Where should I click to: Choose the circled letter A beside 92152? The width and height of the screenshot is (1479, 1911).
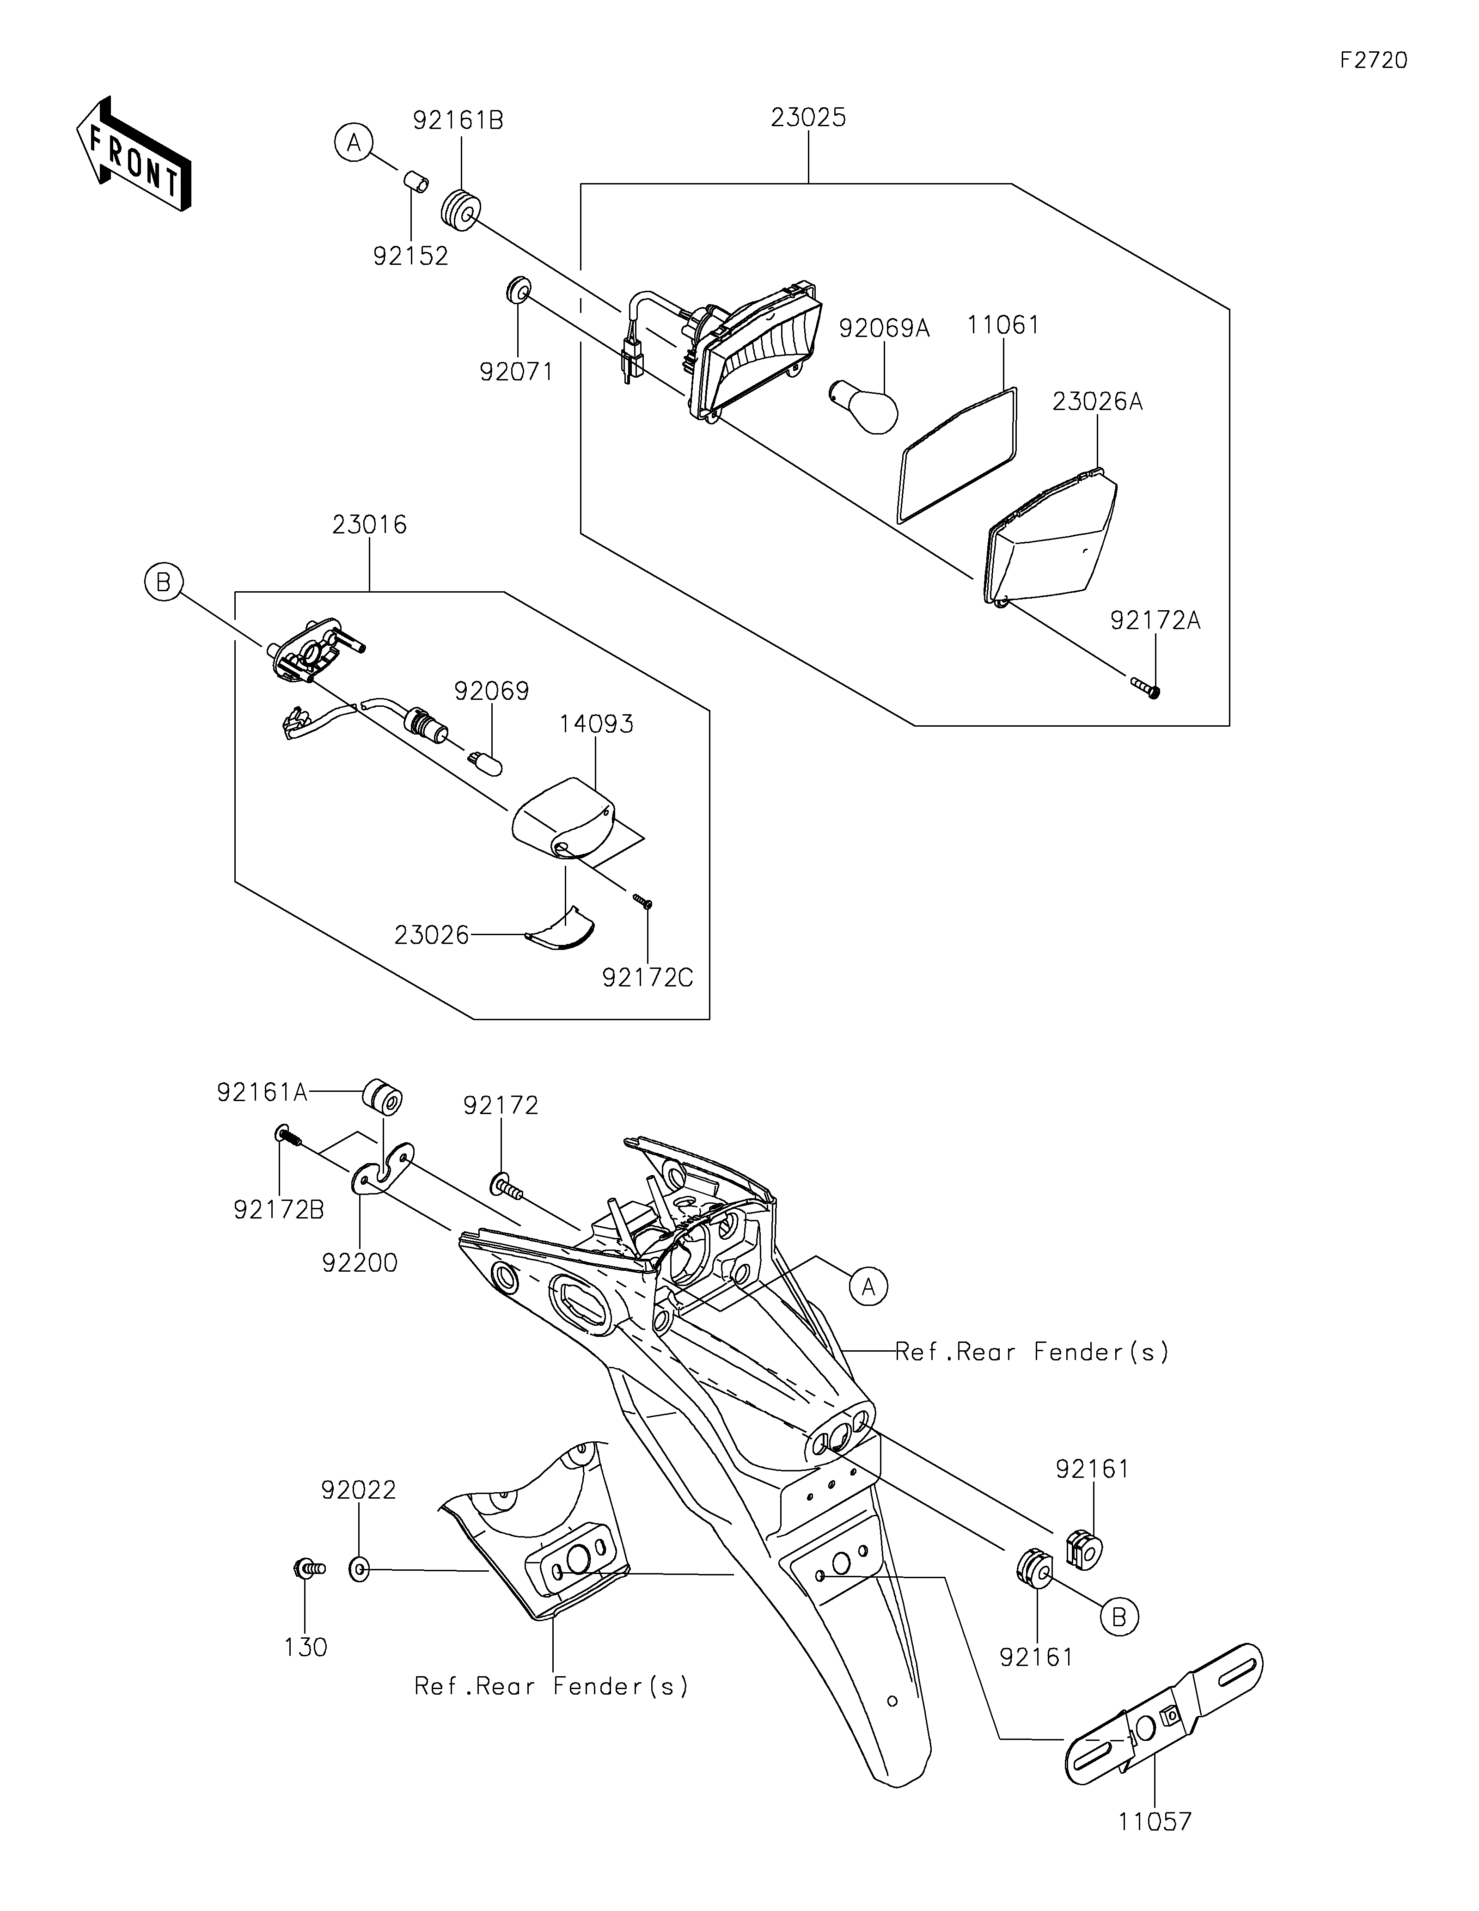pos(354,143)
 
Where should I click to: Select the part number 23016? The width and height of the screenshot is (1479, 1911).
pos(369,525)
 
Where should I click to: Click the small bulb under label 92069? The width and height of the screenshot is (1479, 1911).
pos(487,763)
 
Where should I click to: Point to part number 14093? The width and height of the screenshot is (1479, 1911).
pos(597,724)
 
